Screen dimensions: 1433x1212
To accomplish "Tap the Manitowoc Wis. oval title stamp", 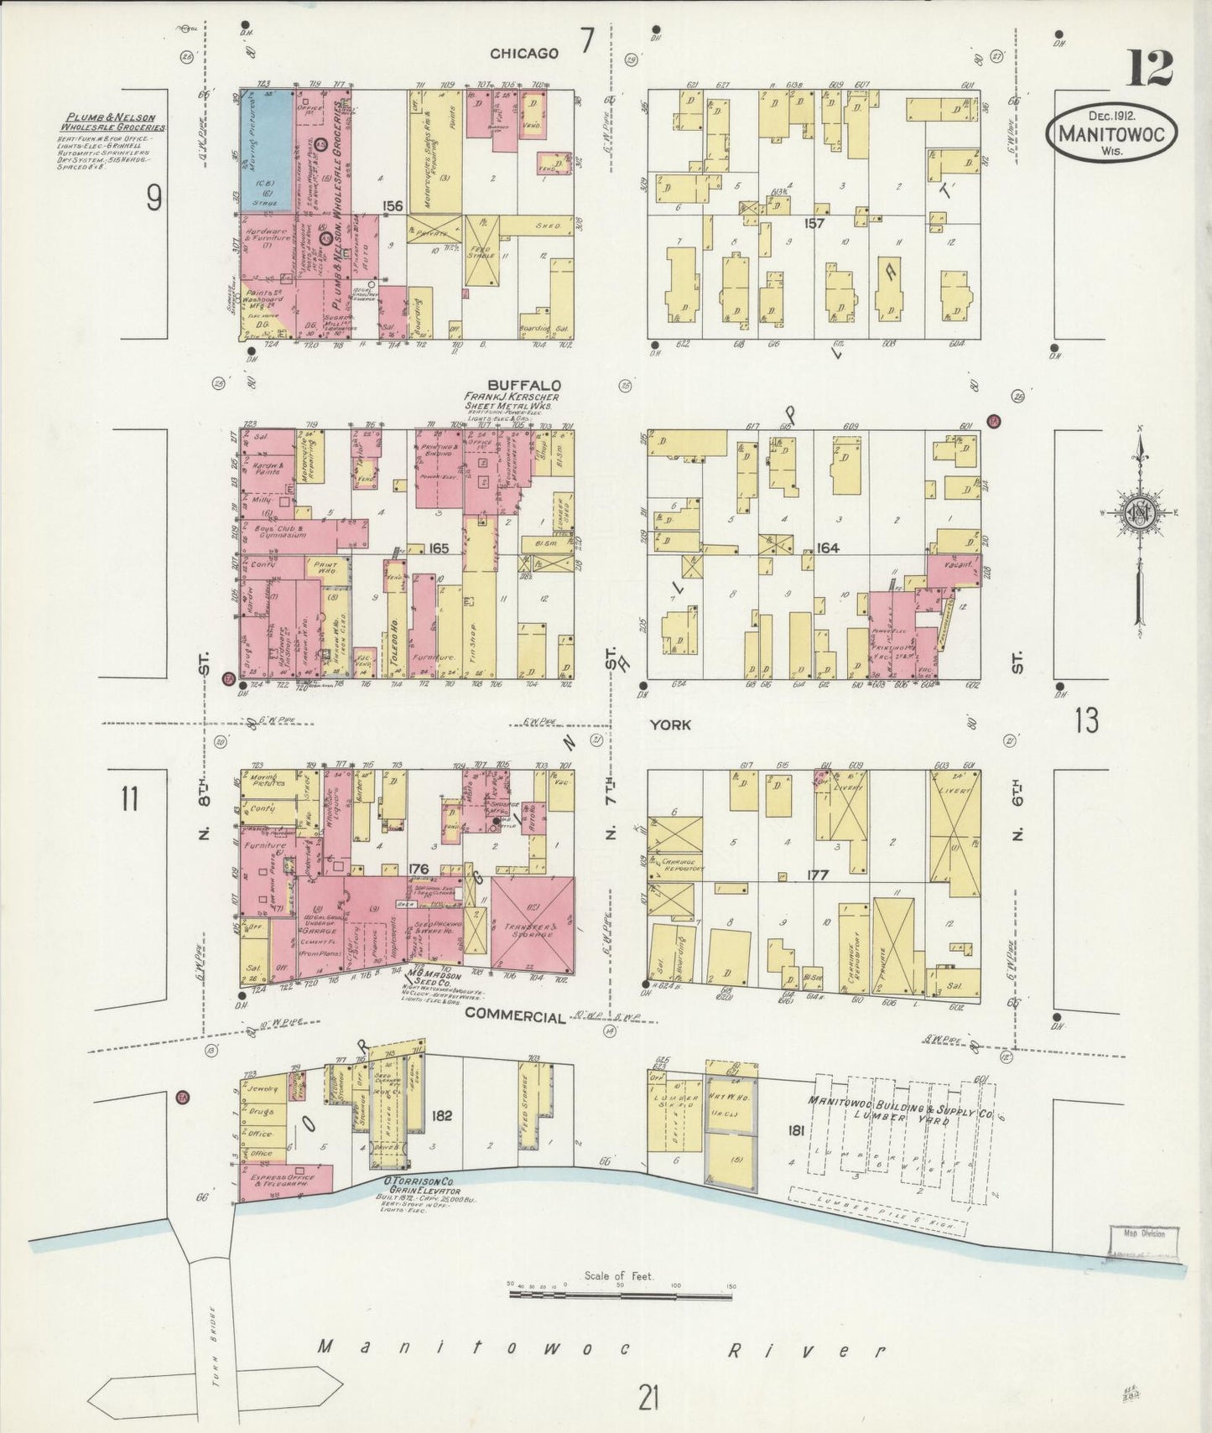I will coord(1111,132).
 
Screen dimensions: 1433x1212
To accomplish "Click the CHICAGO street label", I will coord(524,54).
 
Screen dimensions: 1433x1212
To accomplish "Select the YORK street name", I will coord(670,724).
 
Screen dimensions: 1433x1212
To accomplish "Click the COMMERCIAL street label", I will coord(515,1015).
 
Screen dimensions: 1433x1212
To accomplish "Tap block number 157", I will coord(814,223).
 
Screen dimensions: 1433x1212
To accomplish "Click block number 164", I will coord(827,548).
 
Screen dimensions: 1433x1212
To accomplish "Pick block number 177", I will coord(818,875).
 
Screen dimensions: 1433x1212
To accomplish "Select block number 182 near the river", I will coord(443,1115).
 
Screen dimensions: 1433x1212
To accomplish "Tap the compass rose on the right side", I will coord(1141,513).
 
